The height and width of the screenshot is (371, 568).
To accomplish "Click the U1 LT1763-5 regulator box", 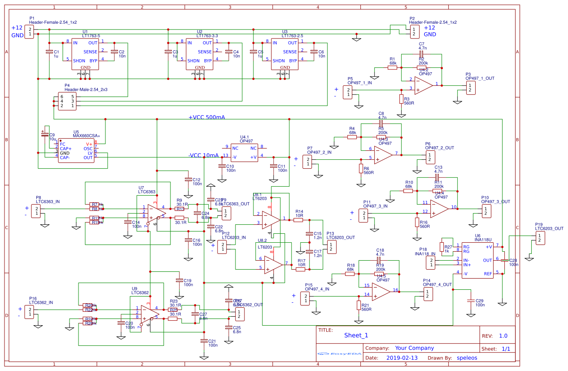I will pos(85,54).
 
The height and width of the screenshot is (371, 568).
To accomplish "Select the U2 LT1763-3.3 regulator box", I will pos(200,54).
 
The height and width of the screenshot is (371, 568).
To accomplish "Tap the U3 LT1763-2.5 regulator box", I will pos(284,54).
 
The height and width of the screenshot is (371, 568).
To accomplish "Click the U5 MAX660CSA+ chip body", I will pos(76,151).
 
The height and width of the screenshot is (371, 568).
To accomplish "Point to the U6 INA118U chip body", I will pos(477,260).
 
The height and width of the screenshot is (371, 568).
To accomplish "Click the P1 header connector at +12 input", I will pos(29,31).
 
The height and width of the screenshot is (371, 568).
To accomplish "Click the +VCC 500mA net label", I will pos(207,118).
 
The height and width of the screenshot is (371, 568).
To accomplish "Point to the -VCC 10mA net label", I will pos(203,156).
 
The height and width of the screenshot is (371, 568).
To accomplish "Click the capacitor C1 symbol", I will pos(49,52).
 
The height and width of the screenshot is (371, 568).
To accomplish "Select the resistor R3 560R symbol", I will pos(401,99).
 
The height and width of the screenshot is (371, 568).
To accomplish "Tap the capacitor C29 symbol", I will pos(470,301).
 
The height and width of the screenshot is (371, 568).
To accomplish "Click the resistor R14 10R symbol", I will pos(299,220).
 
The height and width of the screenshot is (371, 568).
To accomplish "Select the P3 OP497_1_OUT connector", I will pos(469,87).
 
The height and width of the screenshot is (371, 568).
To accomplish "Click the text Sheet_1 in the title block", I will pos(356,335).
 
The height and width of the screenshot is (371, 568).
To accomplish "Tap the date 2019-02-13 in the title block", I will pos(402,358).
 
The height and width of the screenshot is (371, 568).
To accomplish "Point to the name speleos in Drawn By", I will pos(467,358).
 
